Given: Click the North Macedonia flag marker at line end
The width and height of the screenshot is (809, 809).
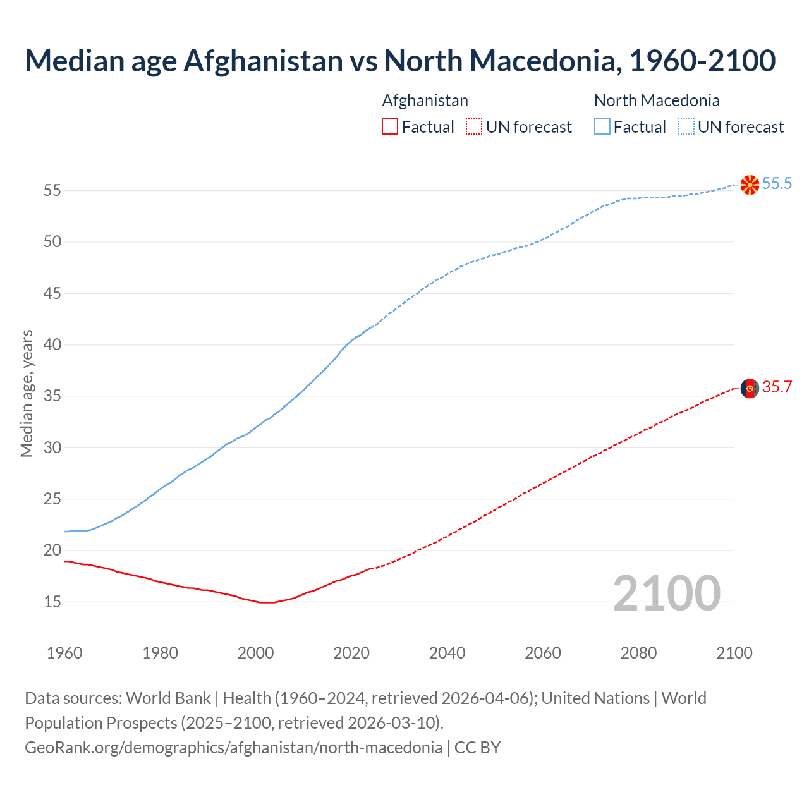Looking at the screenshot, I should pos(750,185).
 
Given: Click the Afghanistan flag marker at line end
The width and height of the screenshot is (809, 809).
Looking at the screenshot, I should pos(750,389).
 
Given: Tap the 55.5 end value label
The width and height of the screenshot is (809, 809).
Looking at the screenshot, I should pos(777,184).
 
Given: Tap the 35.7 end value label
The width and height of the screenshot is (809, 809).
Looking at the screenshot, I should pos(777,387).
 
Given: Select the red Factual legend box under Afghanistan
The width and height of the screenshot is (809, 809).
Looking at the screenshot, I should pos(390,126).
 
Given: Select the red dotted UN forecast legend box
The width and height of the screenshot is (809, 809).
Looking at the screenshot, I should pos(474,126).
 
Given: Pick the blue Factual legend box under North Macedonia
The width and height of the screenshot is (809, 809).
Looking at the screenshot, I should pos(602,126).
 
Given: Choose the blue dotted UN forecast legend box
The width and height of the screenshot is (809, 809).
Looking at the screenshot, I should pos(686,126).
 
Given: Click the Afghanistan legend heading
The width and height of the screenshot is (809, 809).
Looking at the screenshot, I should pos(425,100).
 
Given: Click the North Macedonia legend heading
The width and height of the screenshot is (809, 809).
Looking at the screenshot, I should pos(657,100).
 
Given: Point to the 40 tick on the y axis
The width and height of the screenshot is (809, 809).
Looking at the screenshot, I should pos(52,345).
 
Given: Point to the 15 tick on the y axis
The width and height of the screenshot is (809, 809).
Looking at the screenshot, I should pos(52,602).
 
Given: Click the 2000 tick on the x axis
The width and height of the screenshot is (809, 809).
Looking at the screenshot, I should pos(255,653).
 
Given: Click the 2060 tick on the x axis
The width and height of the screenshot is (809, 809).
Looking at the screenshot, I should pos(543,653).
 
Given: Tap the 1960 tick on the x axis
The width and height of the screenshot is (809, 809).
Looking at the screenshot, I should pos(64,653).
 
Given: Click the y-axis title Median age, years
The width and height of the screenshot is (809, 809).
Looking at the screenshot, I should pos(27,393).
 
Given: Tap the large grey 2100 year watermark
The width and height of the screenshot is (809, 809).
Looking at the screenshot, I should pos(666,593).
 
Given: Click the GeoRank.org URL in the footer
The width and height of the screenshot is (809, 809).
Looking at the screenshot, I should pos(233,748).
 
